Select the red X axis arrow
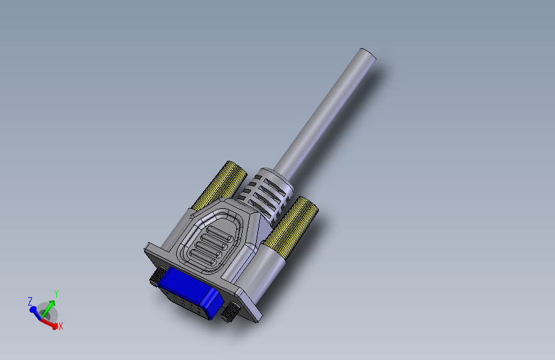pos(50,322)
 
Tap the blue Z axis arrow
pos(35,309)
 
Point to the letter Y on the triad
pos(56,294)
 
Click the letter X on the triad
pos(61,327)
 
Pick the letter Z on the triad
pos(30,300)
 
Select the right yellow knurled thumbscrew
pos(293,224)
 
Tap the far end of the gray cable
pos(367,54)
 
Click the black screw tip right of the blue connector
pos(229,315)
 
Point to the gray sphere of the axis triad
pos(46,312)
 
